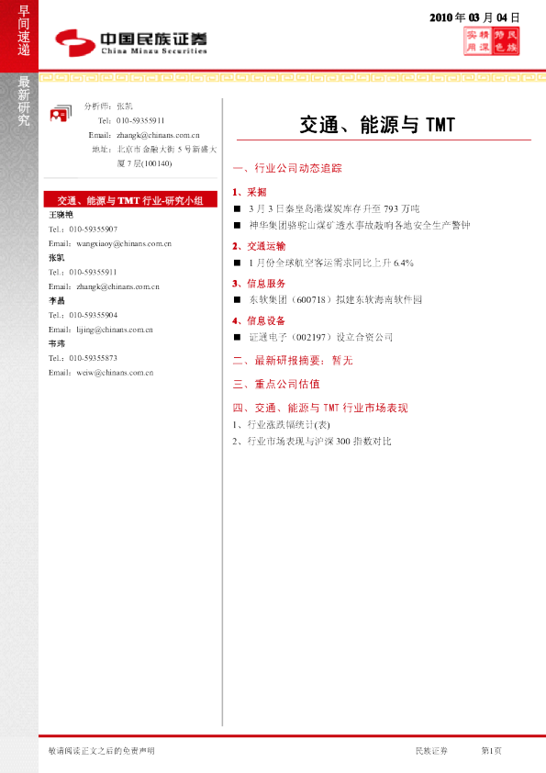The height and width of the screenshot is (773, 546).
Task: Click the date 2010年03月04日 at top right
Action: pos(475,17)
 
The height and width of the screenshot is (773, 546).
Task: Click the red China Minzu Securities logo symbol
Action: pos(72,39)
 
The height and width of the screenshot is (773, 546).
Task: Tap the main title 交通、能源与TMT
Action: pos(377,124)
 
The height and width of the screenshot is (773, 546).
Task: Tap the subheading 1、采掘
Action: pos(251,192)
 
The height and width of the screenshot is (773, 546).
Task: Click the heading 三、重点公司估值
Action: pos(276,384)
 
